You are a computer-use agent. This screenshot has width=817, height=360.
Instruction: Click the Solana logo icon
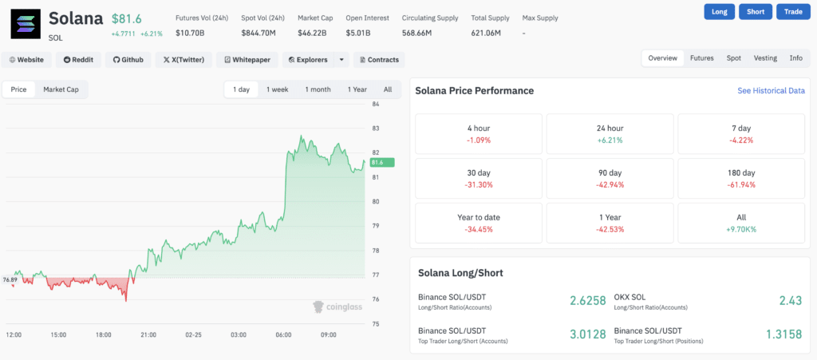[26, 24]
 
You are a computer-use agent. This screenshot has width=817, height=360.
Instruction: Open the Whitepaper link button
[247, 60]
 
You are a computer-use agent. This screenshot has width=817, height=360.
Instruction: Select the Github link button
[128, 60]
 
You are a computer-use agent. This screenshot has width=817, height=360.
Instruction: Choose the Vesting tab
[764, 58]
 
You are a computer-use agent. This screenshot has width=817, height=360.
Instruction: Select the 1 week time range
[277, 89]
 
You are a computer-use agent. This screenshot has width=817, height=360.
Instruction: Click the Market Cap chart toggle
[61, 89]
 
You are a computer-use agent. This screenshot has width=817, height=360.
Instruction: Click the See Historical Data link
[771, 91]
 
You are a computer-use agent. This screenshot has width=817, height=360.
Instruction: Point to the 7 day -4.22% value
[742, 140]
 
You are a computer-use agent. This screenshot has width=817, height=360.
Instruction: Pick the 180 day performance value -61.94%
[742, 184]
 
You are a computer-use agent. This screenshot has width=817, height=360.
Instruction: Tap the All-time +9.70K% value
[742, 229]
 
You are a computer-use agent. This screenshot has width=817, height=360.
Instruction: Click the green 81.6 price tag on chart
[377, 162]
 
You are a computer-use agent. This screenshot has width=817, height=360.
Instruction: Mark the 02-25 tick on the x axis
[193, 335]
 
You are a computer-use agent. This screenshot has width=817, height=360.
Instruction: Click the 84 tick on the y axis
[375, 104]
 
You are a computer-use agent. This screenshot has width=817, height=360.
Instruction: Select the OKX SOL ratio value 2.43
[791, 300]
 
